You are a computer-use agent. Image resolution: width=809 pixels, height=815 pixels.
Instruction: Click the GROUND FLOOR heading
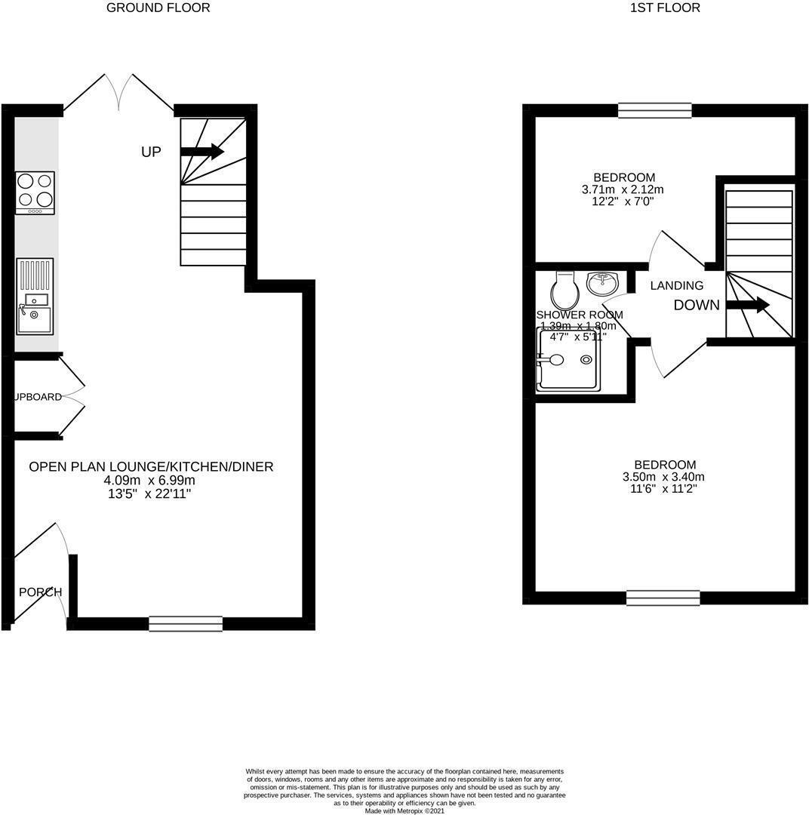158,8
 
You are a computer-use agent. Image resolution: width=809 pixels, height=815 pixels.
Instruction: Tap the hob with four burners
35,192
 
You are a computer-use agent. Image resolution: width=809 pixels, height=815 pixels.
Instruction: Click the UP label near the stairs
151,152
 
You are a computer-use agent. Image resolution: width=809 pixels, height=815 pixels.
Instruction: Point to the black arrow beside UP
201,152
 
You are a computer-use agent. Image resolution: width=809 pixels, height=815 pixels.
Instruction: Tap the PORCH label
41,592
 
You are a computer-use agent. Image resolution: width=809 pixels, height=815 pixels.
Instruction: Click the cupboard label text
38,397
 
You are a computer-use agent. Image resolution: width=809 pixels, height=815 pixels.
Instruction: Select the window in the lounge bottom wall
186,623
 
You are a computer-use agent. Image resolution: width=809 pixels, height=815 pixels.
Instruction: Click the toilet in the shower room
564,289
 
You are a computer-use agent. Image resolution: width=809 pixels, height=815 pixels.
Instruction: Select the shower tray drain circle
586,360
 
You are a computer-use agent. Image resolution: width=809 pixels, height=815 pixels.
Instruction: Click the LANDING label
676,286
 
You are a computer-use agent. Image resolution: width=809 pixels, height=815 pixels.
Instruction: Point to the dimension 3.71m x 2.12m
623,189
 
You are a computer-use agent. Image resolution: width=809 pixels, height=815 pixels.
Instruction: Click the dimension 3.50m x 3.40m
663,477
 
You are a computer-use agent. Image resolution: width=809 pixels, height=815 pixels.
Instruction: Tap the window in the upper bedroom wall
654,110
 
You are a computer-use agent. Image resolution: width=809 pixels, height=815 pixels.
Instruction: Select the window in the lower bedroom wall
663,598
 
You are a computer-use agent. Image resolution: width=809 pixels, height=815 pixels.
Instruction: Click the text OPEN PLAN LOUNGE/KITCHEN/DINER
151,467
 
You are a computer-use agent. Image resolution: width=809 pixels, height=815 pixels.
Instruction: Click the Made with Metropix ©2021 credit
404,810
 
